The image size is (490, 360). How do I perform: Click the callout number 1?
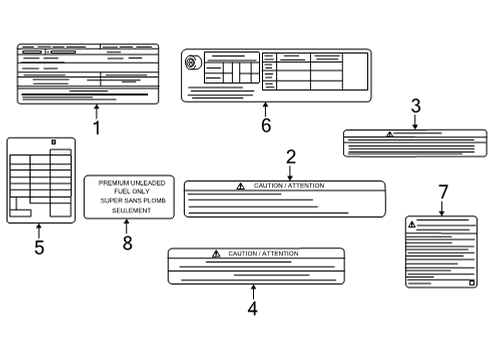pos(97,128)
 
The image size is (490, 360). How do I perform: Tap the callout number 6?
pos(266,125)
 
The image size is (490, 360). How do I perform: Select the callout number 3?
pos(415,106)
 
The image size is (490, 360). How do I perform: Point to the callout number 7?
pos(443,191)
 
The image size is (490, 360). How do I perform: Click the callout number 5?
pos(39,247)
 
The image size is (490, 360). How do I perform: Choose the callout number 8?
pos(127,244)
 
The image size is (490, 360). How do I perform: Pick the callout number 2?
pos(291,156)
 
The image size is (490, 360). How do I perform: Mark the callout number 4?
pos(253,309)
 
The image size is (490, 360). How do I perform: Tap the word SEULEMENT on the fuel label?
pos(126,211)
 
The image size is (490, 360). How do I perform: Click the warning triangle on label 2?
pos(240,186)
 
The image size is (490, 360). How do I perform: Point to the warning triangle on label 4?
pos(215,254)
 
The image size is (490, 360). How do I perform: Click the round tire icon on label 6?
pos(190,62)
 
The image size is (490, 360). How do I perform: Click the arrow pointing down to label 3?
pos(415,123)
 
